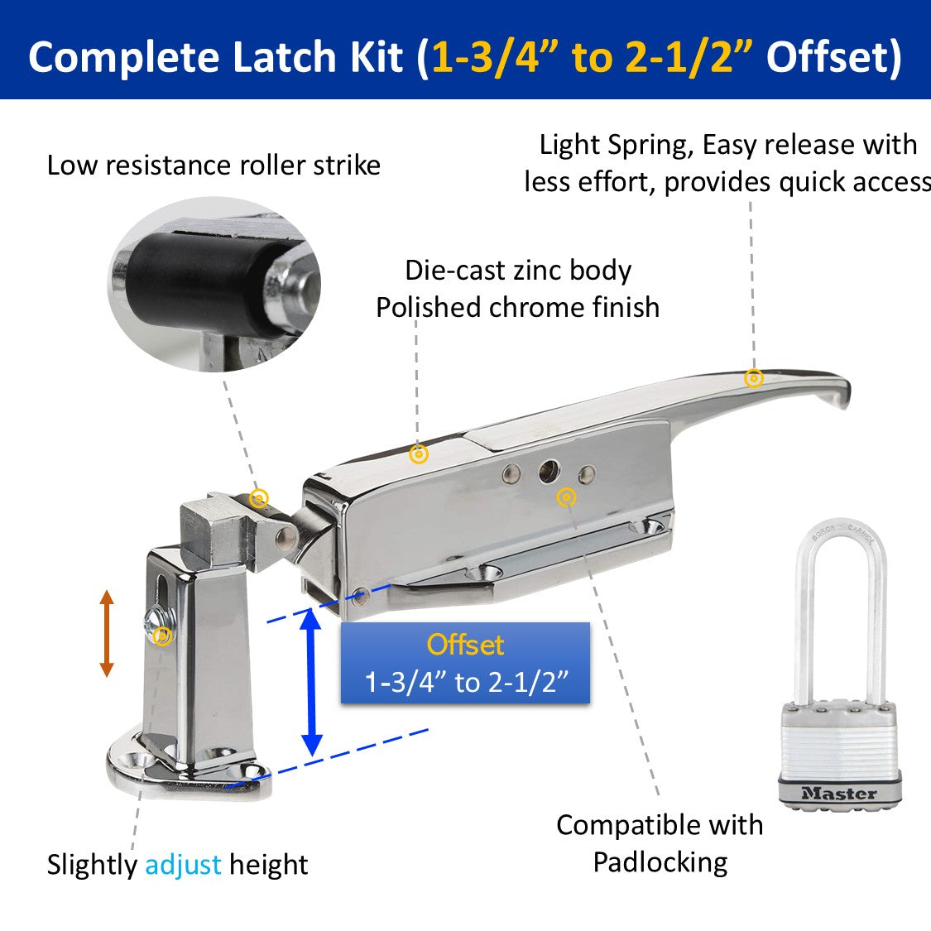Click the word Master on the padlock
click(838, 793)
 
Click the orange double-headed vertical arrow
click(106, 633)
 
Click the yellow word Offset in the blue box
click(465, 645)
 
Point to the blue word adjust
click(183, 865)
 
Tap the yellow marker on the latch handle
click(753, 378)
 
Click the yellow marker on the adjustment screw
click(163, 636)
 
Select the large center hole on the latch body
click(549, 473)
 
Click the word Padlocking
click(660, 862)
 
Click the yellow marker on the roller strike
click(259, 497)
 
